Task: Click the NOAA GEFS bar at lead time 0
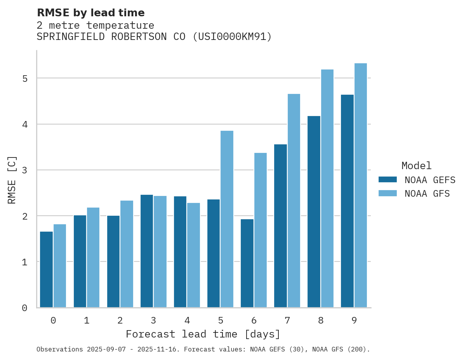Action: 47,270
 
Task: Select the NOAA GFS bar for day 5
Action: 227,219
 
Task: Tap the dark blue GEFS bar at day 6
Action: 247,263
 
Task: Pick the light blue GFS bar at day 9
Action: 361,185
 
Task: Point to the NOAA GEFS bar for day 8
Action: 314,212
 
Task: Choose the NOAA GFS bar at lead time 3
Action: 160,252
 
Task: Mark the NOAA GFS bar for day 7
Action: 294,201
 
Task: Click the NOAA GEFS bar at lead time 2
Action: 113,261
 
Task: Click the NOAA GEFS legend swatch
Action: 388,180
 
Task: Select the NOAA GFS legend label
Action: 427,194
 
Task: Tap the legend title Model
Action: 416,166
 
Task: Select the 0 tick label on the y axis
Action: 24,308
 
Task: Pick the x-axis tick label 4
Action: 187,321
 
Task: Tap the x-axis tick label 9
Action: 354,321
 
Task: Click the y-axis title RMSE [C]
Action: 12,180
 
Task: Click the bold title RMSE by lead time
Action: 91,13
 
